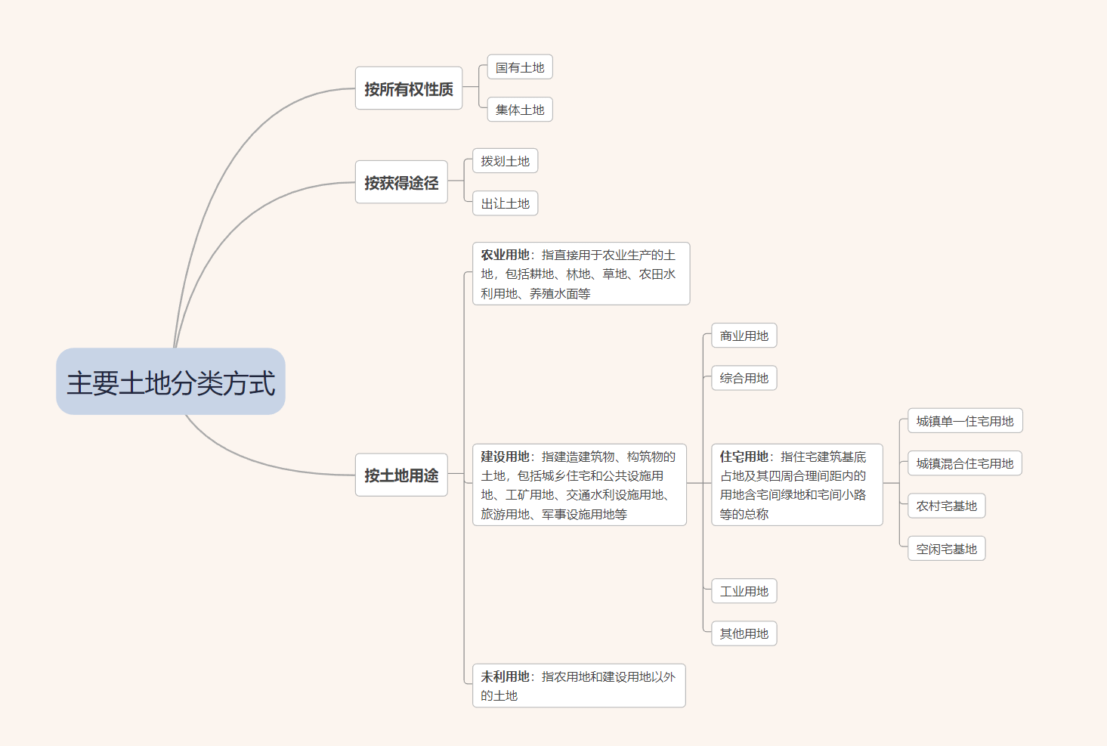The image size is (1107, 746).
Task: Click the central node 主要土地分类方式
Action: point(171,382)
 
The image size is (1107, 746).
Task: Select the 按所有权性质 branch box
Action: point(409,88)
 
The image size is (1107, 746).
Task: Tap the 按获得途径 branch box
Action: point(401,182)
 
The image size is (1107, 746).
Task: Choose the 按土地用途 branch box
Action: point(401,475)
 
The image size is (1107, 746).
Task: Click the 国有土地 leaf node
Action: point(520,67)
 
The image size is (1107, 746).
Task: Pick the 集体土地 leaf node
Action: point(520,110)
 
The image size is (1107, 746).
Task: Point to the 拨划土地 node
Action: point(505,161)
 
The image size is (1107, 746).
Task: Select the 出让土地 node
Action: point(505,203)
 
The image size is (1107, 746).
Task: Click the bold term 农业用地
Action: point(505,255)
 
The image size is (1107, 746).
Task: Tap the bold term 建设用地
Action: point(505,457)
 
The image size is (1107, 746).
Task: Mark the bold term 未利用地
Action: point(505,676)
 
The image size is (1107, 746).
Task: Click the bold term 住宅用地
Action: point(744,457)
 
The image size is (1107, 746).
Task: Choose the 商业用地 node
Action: point(744,336)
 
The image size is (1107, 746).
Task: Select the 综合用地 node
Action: point(744,378)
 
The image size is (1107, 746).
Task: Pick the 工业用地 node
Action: point(744,591)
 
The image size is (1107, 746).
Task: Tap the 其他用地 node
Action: point(744,633)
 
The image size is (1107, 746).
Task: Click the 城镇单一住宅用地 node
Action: point(964,421)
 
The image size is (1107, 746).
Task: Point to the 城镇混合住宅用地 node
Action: point(964,463)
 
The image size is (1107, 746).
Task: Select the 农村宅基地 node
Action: point(946,506)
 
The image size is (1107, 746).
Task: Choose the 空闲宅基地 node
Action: point(946,549)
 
